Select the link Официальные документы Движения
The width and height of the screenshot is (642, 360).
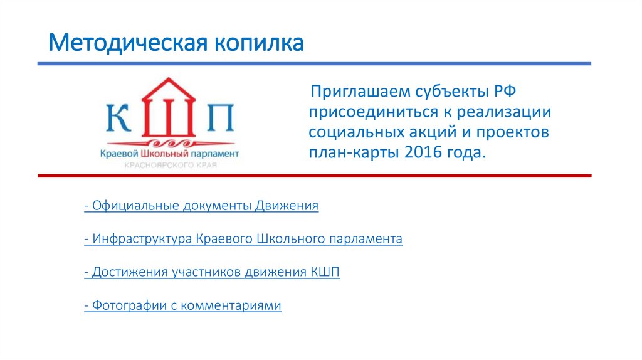[x=201, y=206]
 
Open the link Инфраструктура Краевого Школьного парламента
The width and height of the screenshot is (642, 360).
[x=243, y=239]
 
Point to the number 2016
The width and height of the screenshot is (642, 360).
[x=424, y=153]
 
